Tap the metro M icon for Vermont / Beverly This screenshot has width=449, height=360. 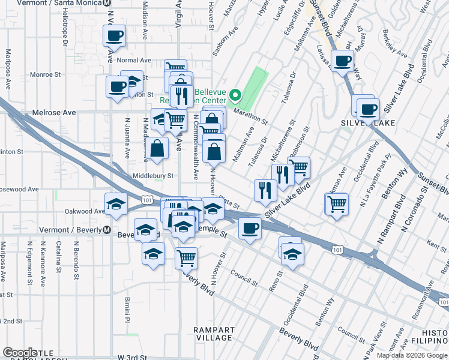tap(106, 230)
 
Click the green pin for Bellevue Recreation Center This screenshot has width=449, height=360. tap(235, 95)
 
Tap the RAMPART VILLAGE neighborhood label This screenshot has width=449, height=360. tap(214, 334)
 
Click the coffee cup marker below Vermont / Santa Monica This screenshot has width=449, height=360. tap(113, 36)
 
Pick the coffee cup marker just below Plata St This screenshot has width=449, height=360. tap(250, 227)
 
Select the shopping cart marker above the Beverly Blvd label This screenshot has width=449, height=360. tap(187, 257)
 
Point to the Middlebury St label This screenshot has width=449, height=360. tap(153, 176)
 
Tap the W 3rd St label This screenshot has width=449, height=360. tap(132, 357)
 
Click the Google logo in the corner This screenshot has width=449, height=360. tap(20, 353)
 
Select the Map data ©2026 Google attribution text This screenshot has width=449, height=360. tap(412, 355)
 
